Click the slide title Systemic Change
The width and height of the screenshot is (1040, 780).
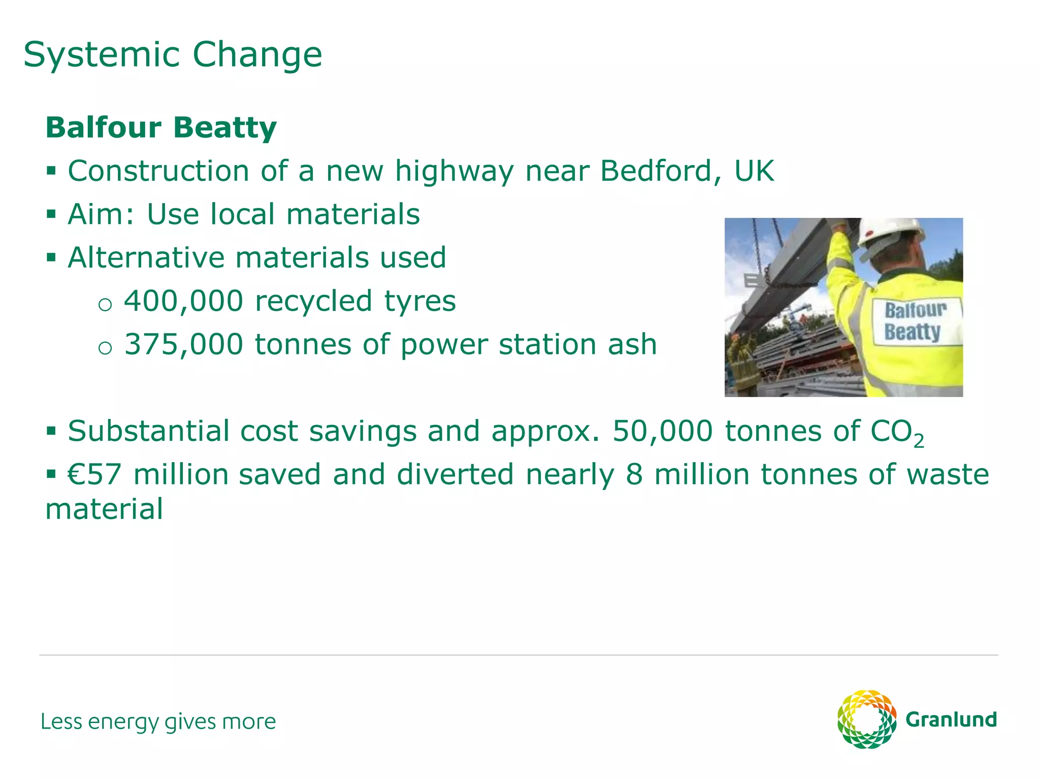click(x=173, y=55)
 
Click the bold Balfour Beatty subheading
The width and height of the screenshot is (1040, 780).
click(x=161, y=127)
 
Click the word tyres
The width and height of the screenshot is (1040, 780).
click(x=420, y=302)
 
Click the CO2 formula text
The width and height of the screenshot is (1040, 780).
click(x=897, y=433)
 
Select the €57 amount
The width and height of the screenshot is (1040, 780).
click(x=95, y=474)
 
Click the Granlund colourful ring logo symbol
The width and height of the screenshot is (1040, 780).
click(x=867, y=719)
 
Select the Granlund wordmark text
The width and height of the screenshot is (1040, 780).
click(x=951, y=720)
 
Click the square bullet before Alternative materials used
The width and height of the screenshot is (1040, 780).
click(x=51, y=257)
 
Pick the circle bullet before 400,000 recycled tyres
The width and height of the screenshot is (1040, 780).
click(x=105, y=304)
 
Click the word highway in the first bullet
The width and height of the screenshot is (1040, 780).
click(x=454, y=172)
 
